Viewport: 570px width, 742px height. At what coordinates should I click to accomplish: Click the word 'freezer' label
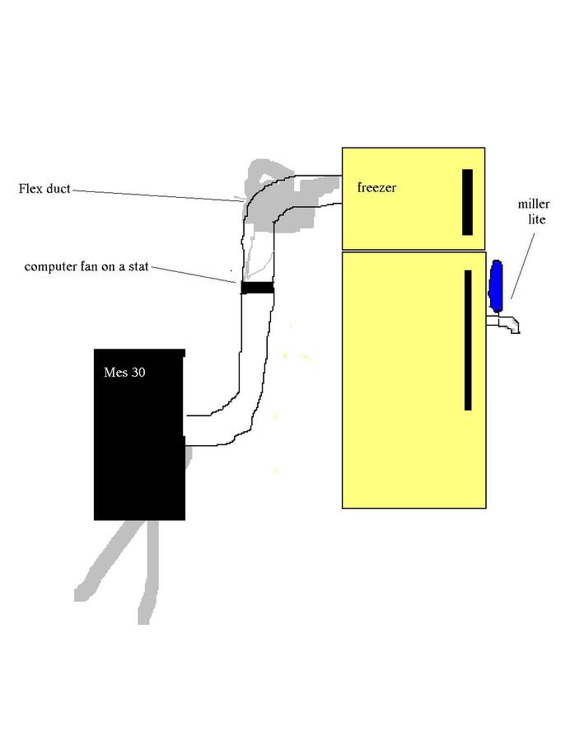pyautogui.click(x=376, y=188)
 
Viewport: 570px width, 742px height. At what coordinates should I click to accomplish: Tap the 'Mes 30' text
pyautogui.click(x=124, y=373)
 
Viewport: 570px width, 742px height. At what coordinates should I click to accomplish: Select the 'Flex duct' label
pyautogui.click(x=44, y=189)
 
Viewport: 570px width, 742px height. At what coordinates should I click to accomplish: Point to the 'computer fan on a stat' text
pyautogui.click(x=86, y=267)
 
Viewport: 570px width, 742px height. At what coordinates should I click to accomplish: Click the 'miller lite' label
pyautogui.click(x=534, y=212)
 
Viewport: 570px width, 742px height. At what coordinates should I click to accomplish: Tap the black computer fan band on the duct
pyautogui.click(x=257, y=288)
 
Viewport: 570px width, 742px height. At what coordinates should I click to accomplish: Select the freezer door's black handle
pyautogui.click(x=467, y=202)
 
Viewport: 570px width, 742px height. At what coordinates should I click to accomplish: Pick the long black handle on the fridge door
pyautogui.click(x=468, y=340)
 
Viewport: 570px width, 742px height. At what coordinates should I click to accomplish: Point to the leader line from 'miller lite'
pyautogui.click(x=522, y=264)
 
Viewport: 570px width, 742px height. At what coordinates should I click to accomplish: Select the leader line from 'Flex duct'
pyautogui.click(x=157, y=195)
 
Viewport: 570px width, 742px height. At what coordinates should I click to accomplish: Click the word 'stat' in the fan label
pyautogui.click(x=137, y=267)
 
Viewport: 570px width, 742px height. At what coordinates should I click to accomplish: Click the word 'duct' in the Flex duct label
pyautogui.click(x=58, y=189)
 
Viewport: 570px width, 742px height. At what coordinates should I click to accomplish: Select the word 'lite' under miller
pyautogui.click(x=537, y=219)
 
